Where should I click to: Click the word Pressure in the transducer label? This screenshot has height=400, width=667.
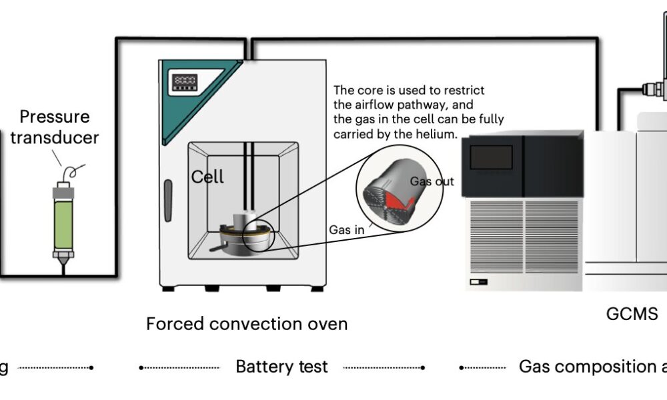click(x=54, y=117)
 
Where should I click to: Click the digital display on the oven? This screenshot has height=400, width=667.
click(x=183, y=82)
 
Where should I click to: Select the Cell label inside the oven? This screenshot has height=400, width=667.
click(x=207, y=177)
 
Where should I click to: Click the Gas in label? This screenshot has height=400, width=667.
click(x=346, y=230)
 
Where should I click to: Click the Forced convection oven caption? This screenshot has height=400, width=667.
click(x=247, y=325)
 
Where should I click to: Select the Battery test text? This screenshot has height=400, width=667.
click(x=281, y=367)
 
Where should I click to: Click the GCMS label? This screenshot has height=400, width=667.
click(x=632, y=313)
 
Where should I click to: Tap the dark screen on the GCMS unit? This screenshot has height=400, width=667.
click(x=492, y=157)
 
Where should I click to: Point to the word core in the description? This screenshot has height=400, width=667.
click(x=368, y=91)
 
